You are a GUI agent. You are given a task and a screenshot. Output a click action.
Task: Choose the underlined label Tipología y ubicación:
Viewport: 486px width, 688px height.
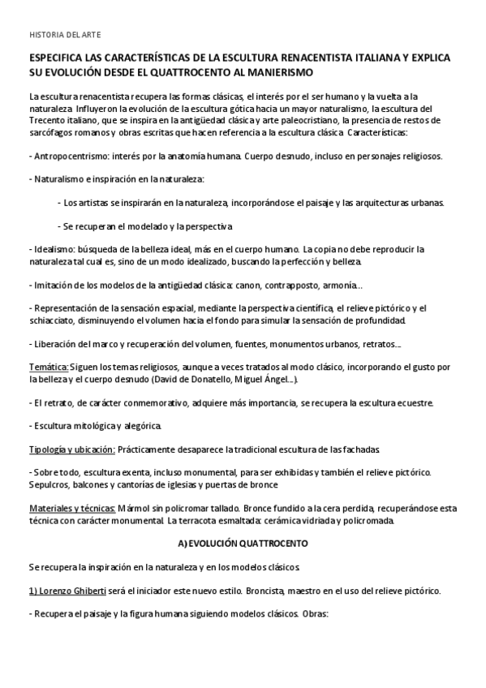(x=71, y=449)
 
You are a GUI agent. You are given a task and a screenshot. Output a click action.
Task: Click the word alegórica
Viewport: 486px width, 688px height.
(x=144, y=426)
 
